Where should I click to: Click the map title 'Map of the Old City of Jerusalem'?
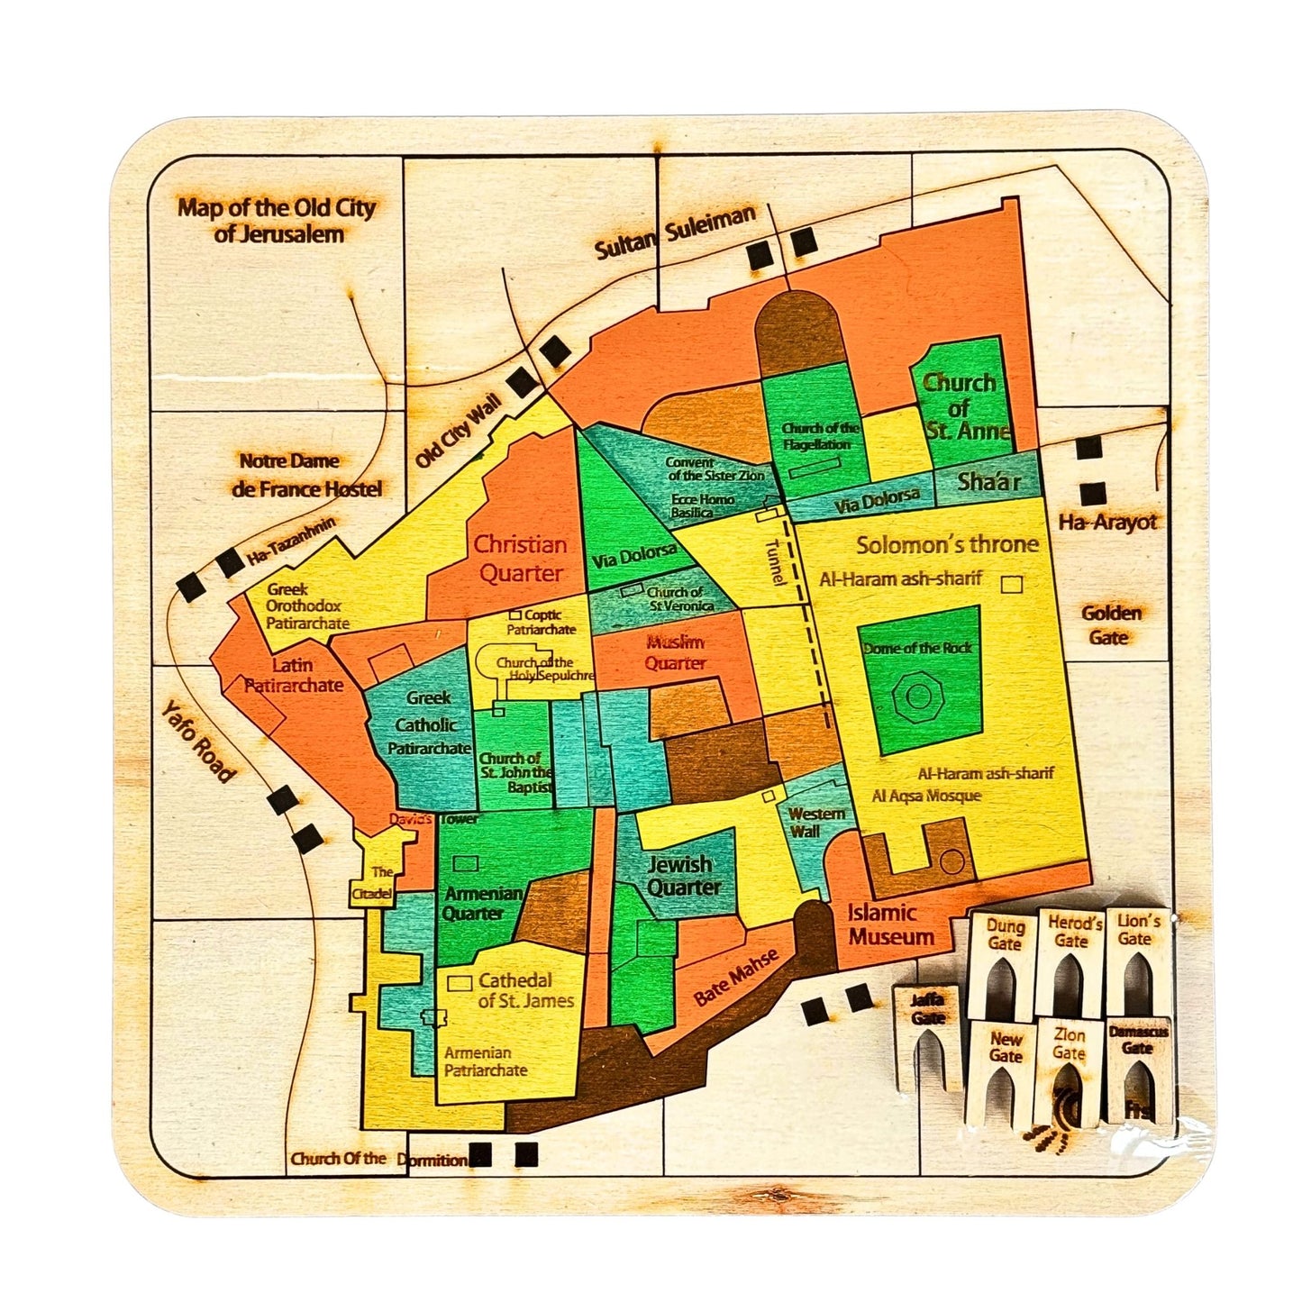pos(277,221)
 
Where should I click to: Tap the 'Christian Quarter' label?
pos(521,559)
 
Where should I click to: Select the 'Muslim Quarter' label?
pos(675,652)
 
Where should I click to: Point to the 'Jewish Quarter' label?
pos(684,876)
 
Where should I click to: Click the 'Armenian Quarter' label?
pos(483,903)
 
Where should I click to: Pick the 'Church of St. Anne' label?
pos(961,407)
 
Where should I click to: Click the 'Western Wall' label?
pos(816,822)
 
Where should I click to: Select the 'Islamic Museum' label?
pos(889,924)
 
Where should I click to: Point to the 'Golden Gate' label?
pos(1110,624)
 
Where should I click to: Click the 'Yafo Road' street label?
pos(198,742)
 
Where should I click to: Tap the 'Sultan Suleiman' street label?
pos(675,232)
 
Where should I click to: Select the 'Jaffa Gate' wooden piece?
pos(927,1036)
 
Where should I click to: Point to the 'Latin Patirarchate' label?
pos(294,675)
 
